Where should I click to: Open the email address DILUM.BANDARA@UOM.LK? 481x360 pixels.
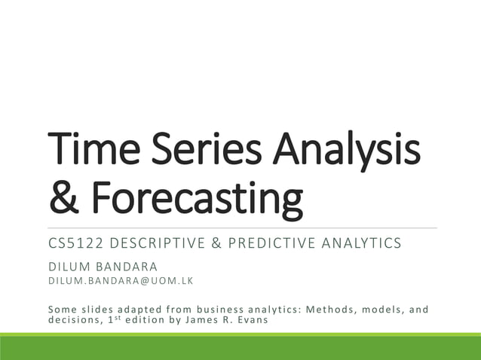tap(121, 281)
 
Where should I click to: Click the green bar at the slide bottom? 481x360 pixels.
tap(240, 347)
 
